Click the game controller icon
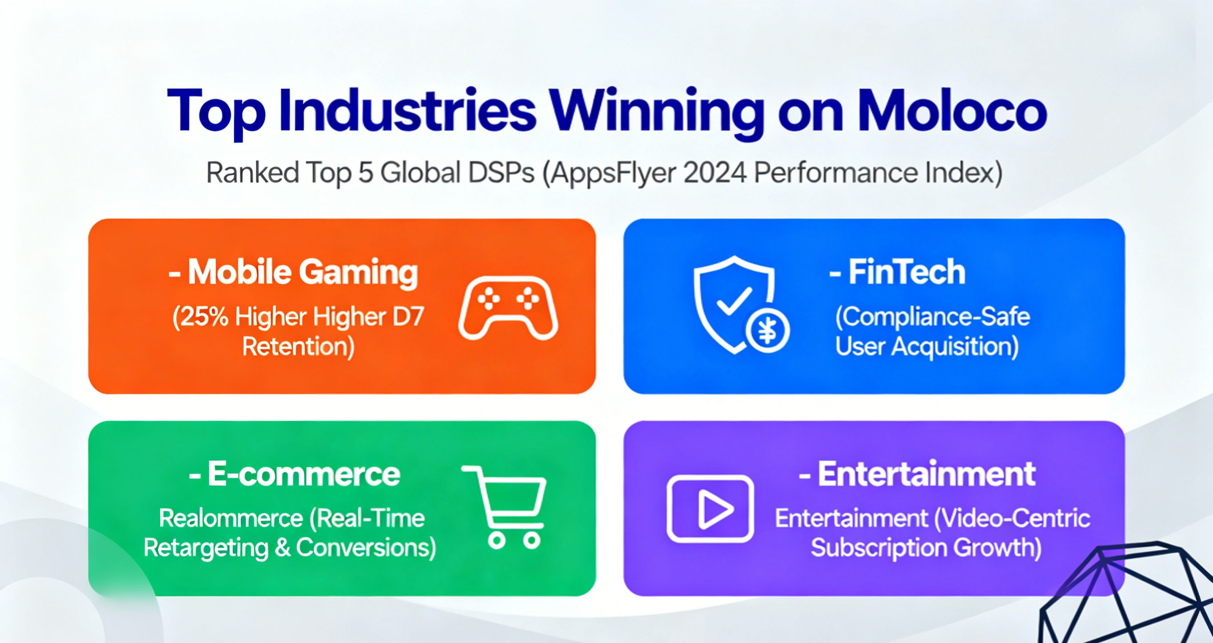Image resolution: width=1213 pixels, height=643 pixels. (x=508, y=308)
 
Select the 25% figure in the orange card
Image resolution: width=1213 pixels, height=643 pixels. (x=200, y=316)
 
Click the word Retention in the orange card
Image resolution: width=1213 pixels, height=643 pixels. (x=298, y=347)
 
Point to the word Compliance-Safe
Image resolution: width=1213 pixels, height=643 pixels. (x=932, y=316)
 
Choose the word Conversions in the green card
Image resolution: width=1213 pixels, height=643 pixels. (x=366, y=548)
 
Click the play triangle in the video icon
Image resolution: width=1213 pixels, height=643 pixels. (x=716, y=509)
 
